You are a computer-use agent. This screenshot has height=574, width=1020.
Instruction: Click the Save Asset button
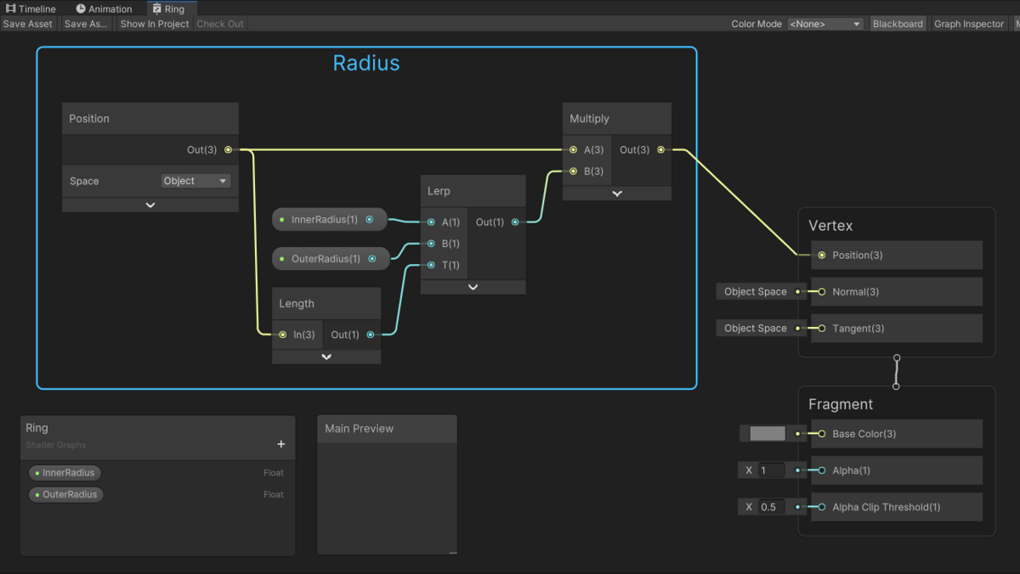[28, 24]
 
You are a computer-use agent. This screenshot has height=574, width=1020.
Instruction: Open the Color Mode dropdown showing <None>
[825, 24]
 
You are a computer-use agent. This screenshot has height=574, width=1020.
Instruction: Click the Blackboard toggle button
[898, 24]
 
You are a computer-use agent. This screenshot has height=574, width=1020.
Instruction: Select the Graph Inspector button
[968, 24]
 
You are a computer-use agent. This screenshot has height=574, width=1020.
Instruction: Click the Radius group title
[366, 63]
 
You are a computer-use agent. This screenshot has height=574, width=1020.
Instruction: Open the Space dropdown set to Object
[195, 181]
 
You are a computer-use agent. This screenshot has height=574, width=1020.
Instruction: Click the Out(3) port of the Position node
[228, 149]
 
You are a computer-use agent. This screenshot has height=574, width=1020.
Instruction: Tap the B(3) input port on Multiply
[573, 172]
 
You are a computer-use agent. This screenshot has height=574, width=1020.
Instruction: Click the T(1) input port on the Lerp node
[431, 265]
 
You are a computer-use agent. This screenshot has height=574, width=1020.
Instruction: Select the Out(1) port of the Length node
[371, 335]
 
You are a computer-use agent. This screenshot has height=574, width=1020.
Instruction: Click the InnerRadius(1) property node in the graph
[329, 220]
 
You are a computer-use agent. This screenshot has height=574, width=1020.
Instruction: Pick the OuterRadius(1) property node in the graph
[331, 259]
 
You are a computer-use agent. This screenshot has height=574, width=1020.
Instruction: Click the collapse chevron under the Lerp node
[473, 287]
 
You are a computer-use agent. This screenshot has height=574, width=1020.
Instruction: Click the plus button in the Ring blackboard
[281, 444]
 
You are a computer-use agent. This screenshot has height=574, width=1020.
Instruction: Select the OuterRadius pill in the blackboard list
[66, 494]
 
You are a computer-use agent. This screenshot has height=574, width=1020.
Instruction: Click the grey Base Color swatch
[768, 433]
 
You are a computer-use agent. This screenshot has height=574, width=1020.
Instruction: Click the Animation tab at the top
[104, 8]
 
